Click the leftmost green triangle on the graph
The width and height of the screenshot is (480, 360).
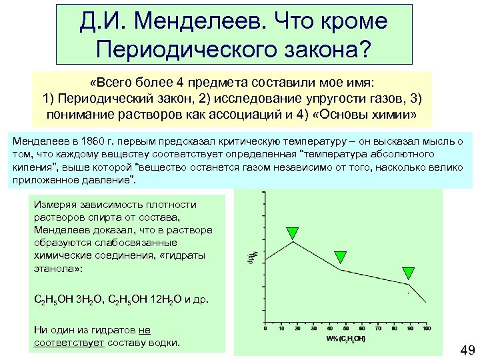coord(291,233)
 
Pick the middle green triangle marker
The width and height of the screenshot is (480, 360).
coord(340,257)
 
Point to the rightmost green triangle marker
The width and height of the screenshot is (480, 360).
coord(409,273)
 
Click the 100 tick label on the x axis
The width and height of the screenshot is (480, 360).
coord(427,328)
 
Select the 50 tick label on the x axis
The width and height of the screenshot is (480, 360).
coord(346,328)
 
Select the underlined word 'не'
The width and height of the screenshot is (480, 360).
coord(145,329)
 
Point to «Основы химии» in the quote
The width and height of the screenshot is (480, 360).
coord(373,115)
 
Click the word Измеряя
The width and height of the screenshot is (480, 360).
coord(53,205)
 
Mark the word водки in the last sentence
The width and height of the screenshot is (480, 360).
coord(163,342)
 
